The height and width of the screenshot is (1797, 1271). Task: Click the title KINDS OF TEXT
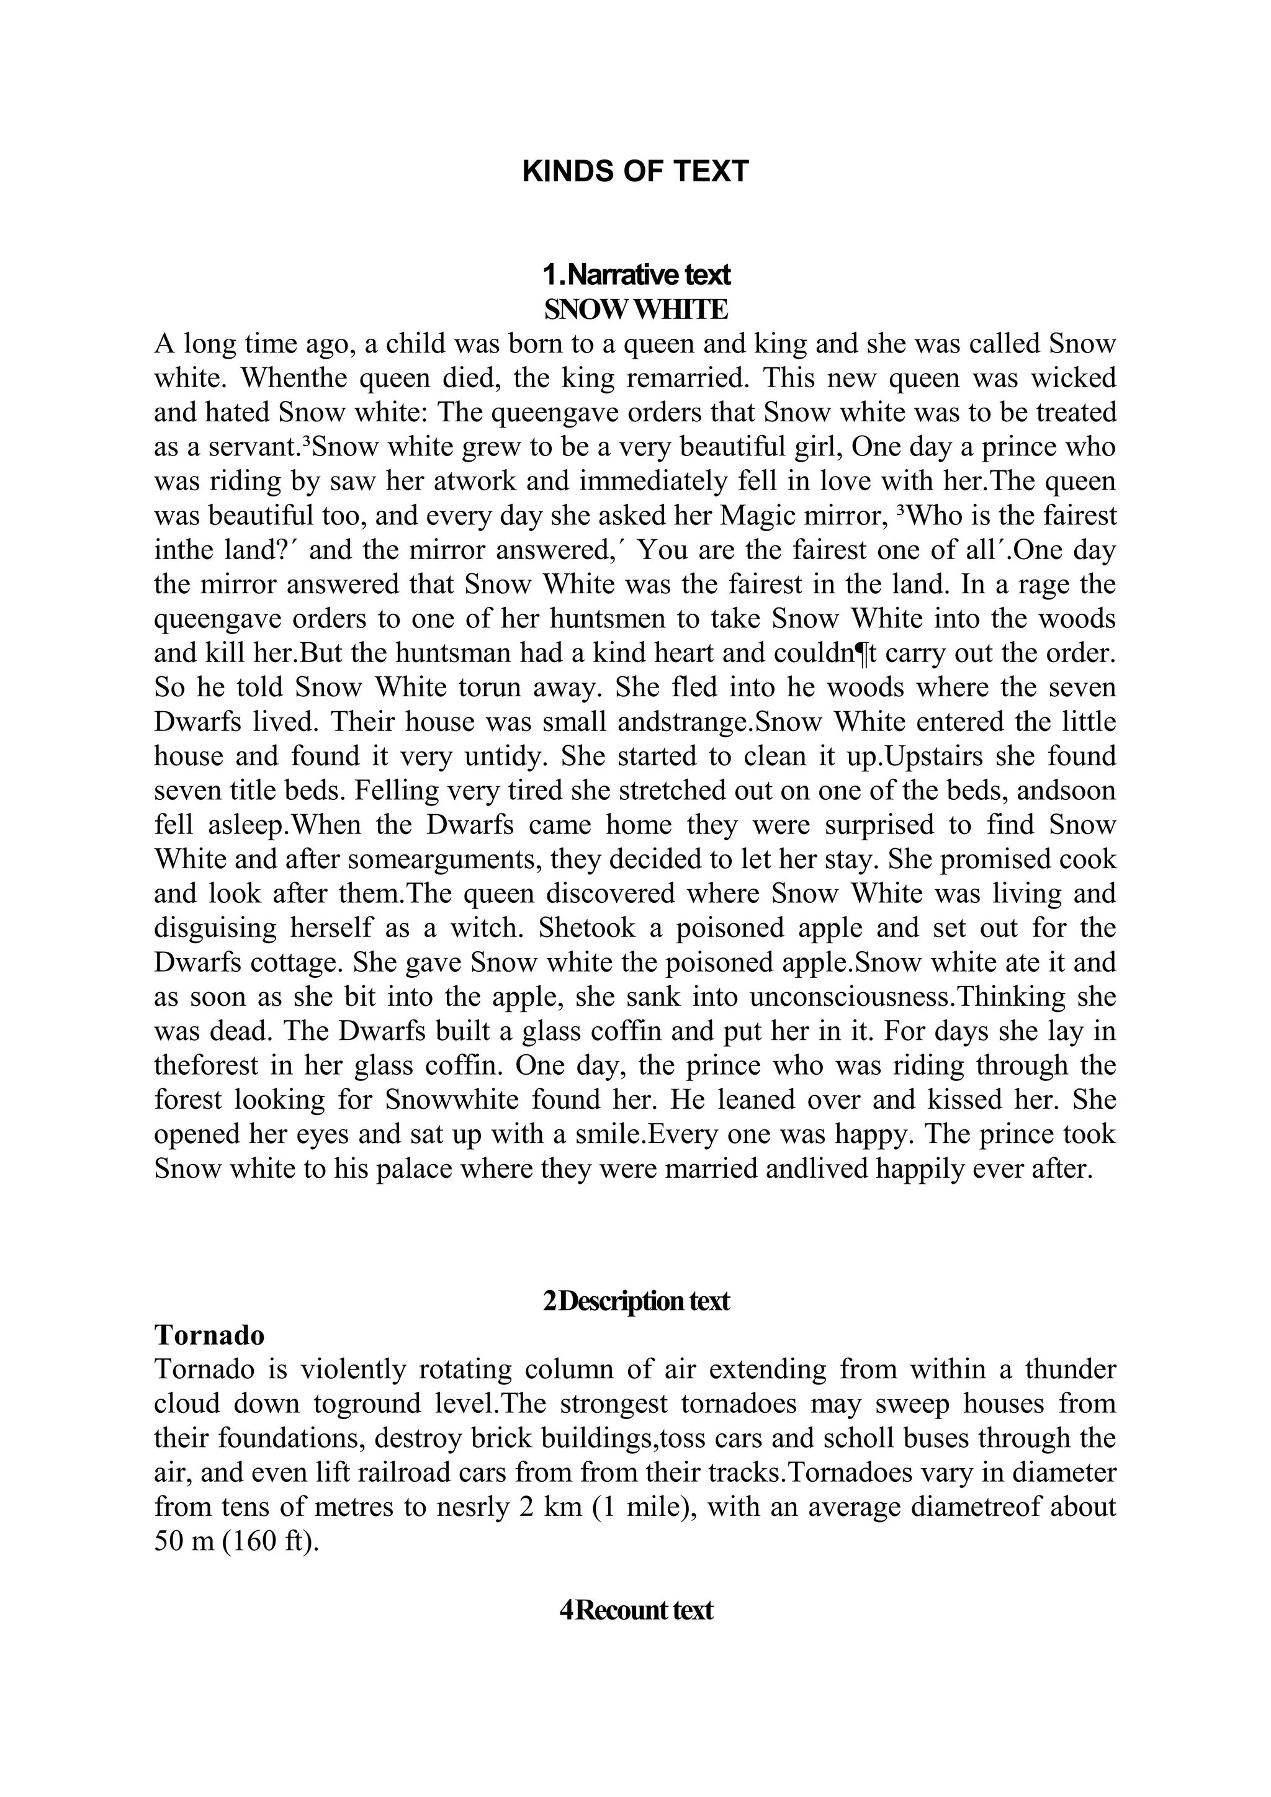[635, 171]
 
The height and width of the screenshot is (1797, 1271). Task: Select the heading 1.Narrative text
[635, 275]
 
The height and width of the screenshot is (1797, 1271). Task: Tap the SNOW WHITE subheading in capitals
[635, 309]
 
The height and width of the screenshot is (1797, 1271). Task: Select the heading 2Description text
[635, 1301]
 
